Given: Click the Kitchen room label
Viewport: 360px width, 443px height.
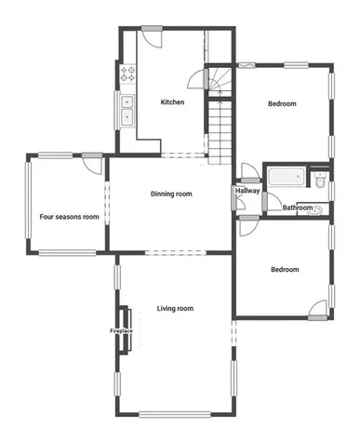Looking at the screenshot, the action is point(172,102).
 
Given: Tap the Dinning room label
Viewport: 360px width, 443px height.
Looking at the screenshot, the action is point(171,194).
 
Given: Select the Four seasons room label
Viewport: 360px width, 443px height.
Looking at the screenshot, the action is point(69,217).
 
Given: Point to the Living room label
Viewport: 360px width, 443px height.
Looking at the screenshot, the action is point(175,308).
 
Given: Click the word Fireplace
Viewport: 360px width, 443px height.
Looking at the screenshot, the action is point(121,331).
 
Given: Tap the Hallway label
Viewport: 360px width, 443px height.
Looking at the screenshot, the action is point(247,191).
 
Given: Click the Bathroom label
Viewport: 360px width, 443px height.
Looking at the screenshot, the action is point(298,208).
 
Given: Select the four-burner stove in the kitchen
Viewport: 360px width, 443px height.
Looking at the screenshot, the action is point(127,74).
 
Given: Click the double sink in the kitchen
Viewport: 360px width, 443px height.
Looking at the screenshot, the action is point(127,111).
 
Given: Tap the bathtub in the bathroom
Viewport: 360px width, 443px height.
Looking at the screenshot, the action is point(287,177).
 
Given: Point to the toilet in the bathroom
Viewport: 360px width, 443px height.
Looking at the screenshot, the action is point(319,180).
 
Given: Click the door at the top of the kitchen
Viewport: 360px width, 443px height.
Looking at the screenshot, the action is point(153,36).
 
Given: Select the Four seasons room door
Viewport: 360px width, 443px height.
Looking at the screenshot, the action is point(92,163).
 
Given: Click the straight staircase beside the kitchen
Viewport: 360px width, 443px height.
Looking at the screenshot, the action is point(220,133).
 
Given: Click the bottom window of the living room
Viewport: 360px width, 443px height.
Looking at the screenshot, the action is point(175,414).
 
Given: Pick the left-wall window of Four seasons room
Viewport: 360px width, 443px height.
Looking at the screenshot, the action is point(28,200).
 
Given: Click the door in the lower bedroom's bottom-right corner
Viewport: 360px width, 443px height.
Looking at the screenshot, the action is point(318,310).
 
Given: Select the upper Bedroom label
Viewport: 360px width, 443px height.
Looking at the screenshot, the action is point(282,103).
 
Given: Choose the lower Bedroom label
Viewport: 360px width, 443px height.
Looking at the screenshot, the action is point(285,269).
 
